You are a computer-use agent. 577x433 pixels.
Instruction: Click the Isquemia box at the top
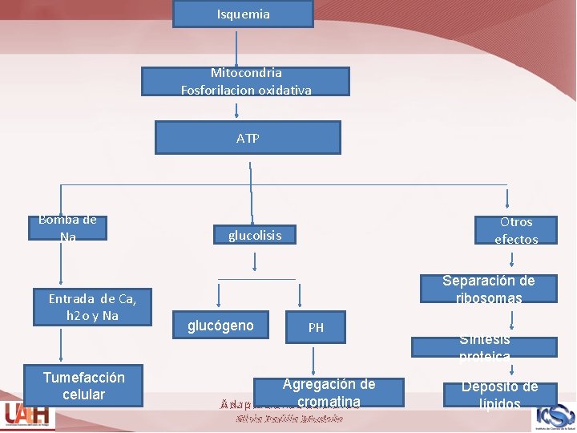(243, 14)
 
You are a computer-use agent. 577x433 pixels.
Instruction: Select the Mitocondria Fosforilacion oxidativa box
(246, 82)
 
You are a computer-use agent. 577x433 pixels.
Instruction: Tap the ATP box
(248, 138)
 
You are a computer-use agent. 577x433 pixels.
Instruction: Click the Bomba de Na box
(67, 228)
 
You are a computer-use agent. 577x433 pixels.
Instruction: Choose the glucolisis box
(255, 235)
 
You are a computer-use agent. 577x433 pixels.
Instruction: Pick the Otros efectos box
(515, 230)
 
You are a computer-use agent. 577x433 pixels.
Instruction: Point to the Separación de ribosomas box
(488, 289)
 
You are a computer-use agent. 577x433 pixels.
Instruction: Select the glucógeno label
(220, 326)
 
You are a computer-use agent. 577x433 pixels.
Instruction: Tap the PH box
(316, 327)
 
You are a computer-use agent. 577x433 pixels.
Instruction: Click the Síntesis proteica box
(484, 347)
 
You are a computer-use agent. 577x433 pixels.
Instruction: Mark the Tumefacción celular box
(83, 386)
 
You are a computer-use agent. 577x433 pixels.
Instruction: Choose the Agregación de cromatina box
(329, 393)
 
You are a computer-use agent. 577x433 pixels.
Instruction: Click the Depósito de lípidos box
(498, 395)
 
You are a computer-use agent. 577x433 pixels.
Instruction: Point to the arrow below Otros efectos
(513, 258)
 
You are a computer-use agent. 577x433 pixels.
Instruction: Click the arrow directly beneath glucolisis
(255, 262)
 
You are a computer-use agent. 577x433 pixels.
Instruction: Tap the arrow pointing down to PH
(300, 294)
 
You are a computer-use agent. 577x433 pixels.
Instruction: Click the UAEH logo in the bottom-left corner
(26, 415)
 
